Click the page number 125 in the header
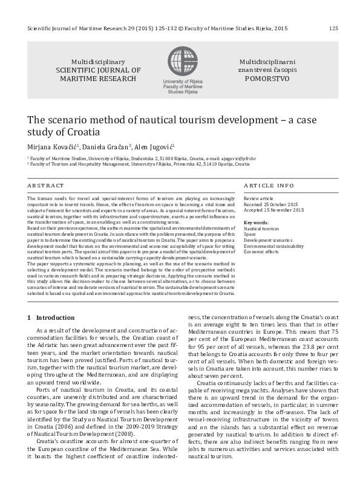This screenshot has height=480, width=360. pos(333,28)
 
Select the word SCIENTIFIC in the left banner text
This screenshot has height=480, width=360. pos(79,70)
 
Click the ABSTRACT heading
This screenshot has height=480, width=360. pos(45,185)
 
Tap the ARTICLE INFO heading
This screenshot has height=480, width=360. pos(268,185)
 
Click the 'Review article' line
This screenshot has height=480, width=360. pos(258,198)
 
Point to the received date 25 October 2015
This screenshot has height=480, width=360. pos(283,204)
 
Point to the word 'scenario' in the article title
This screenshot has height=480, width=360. pos(68,119)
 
